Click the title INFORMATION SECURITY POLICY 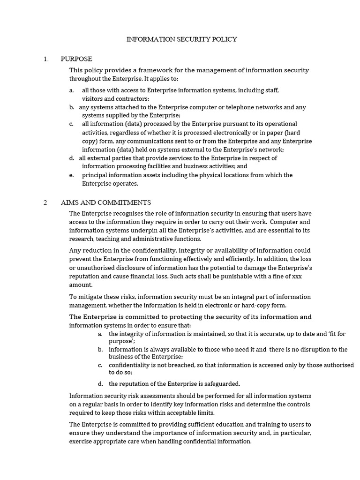click(182, 39)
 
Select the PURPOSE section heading click(76, 59)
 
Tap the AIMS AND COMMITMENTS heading click(106, 202)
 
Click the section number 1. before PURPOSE click(46, 59)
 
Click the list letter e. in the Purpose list click(71, 175)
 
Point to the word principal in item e click(95, 175)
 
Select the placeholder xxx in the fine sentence click(297, 276)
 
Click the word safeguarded click(220, 383)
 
